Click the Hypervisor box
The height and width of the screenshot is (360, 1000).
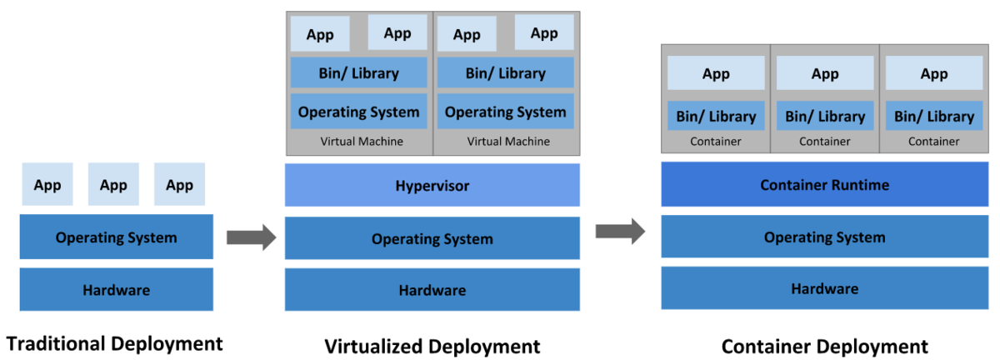point(432,185)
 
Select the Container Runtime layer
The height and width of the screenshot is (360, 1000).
point(824,184)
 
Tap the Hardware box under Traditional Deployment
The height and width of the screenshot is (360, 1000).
point(116,289)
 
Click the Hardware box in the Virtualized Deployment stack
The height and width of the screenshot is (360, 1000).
point(432,289)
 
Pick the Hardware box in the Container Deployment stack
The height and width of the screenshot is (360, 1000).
point(824,288)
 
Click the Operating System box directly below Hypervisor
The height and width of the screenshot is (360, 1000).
point(432,238)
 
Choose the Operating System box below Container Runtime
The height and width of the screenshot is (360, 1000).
point(824,237)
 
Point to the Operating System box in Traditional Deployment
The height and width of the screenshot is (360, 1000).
point(116,237)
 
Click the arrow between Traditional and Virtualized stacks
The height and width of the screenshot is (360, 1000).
point(252,237)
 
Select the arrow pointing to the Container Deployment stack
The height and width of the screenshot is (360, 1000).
point(620,232)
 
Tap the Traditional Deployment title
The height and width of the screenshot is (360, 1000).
point(114,344)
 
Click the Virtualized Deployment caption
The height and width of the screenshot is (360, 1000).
point(432,347)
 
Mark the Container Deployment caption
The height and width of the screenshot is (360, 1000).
point(824,347)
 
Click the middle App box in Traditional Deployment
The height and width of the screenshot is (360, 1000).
point(113,184)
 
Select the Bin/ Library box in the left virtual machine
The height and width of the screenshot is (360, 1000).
point(358,72)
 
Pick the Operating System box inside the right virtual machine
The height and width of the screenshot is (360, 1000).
point(505,111)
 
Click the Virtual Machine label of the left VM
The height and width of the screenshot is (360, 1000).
point(362,141)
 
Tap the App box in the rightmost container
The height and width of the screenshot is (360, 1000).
point(934,72)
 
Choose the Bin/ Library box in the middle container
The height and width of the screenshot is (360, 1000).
point(825,116)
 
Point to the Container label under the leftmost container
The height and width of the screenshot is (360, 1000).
point(716,141)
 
